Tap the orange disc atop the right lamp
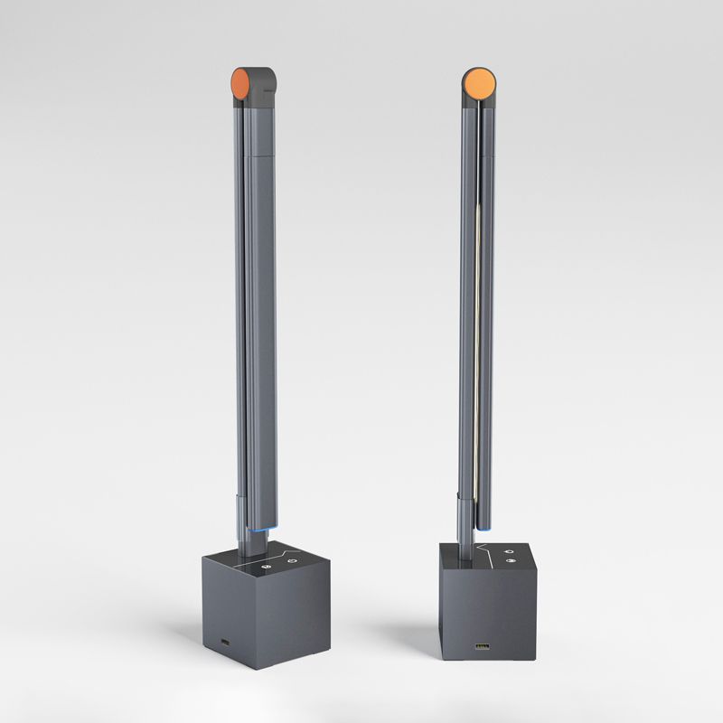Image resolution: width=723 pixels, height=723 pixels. [x=479, y=84]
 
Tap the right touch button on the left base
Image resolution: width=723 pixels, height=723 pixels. [x=292, y=562]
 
